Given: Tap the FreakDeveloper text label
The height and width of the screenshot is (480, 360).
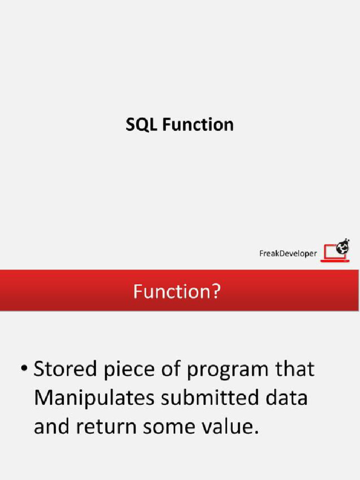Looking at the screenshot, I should click(x=288, y=254).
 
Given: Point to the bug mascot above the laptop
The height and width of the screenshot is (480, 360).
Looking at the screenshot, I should click(x=344, y=246).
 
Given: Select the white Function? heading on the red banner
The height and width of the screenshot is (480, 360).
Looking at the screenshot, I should click(x=177, y=292).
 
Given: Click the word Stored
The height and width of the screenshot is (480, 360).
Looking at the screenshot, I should click(x=63, y=370).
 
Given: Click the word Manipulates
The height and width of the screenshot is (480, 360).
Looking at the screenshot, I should click(x=94, y=399).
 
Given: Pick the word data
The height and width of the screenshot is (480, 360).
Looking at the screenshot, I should click(x=289, y=398).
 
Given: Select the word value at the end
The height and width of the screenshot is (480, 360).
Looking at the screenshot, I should click(x=233, y=428).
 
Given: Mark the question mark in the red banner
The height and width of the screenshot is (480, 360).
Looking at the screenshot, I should click(x=215, y=292).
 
